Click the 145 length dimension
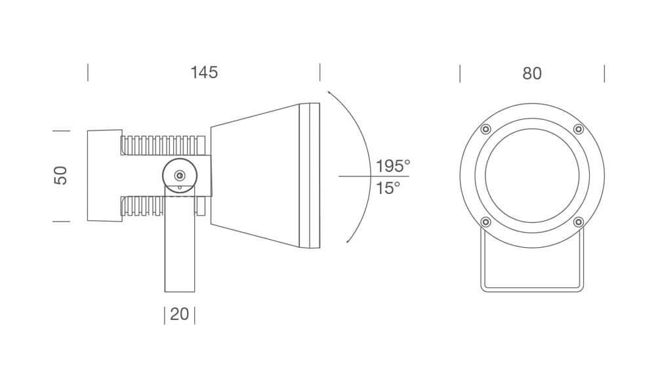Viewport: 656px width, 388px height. pyautogui.click(x=204, y=72)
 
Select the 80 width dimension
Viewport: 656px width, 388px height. pyautogui.click(x=532, y=73)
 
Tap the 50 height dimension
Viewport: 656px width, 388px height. pyautogui.click(x=60, y=176)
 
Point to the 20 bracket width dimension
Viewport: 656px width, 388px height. pyautogui.click(x=180, y=315)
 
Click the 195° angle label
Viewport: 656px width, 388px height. pyautogui.click(x=392, y=166)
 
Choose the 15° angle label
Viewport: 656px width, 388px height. pyautogui.click(x=388, y=188)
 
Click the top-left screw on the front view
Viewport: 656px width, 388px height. pyautogui.click(x=485, y=129)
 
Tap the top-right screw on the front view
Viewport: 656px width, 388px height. pyautogui.click(x=579, y=129)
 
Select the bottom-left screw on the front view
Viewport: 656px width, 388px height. pyautogui.click(x=485, y=222)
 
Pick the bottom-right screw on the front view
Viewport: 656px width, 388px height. pyautogui.click(x=579, y=222)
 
